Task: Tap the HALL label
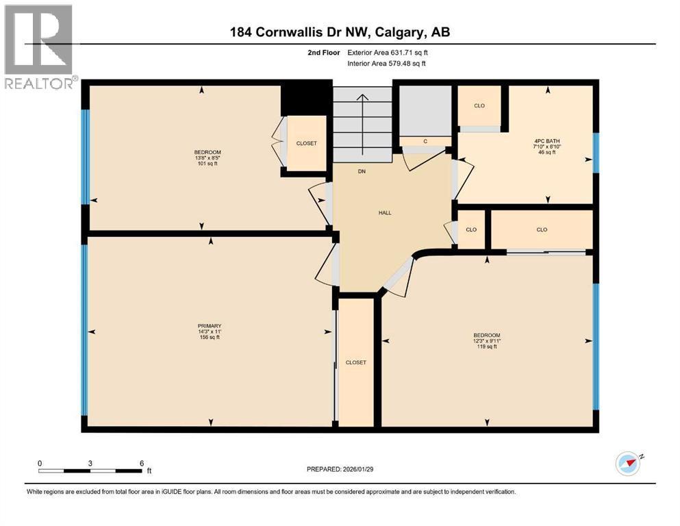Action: point(385,212)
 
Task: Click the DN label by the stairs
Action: point(362,171)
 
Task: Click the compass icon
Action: point(628,464)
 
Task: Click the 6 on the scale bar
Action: point(141,463)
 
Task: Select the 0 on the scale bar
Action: point(40,463)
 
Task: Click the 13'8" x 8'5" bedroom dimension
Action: point(207,158)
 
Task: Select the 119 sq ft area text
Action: point(487,347)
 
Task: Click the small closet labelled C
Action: point(425,141)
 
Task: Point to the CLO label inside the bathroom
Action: point(480,105)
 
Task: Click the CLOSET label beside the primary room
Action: point(356,362)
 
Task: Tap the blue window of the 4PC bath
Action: point(596,152)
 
